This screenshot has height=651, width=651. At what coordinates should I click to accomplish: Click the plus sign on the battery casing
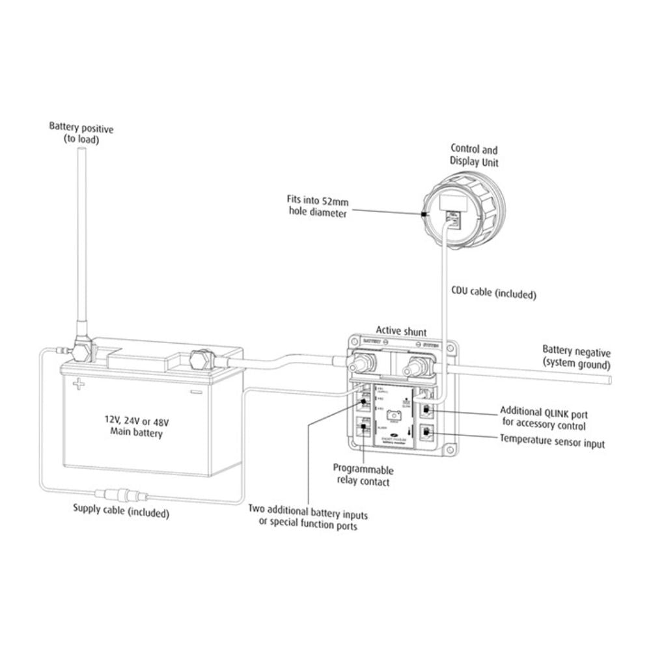(x=79, y=384)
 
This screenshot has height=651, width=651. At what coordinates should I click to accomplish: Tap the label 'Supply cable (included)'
(x=121, y=512)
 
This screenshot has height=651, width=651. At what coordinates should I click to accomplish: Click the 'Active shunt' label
(x=402, y=331)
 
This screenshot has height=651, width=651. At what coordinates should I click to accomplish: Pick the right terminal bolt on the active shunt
(x=413, y=367)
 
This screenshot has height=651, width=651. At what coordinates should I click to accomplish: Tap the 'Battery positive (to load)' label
(x=81, y=133)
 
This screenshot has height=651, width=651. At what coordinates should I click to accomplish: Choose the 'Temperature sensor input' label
(x=552, y=443)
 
